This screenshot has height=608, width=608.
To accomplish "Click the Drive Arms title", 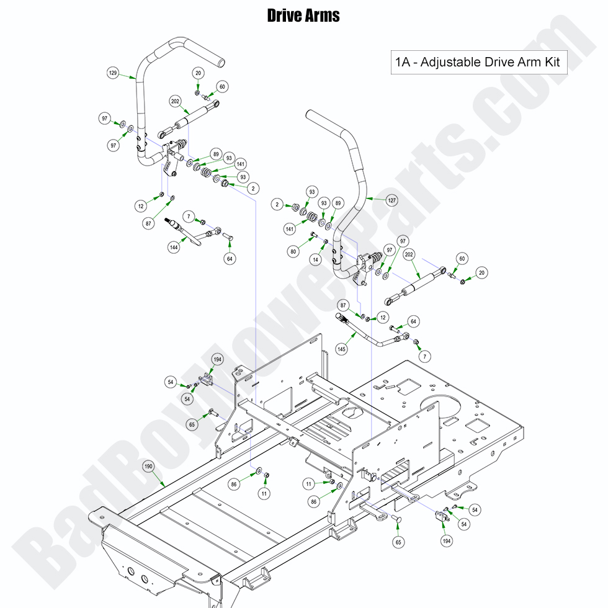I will click(303, 16).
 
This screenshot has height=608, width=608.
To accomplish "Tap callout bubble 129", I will click(113, 73).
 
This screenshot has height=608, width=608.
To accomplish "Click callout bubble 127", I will click(391, 200).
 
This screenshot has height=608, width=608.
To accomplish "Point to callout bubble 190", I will click(148, 466).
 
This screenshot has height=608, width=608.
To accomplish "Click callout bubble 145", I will click(341, 349).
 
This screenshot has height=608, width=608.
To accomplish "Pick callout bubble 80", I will click(292, 251).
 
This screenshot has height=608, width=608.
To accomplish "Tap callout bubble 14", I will click(316, 260).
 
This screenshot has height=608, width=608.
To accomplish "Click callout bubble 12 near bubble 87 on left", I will click(142, 205).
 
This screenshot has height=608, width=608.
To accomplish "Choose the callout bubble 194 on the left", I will click(217, 359).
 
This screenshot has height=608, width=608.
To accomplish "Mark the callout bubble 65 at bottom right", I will click(398, 542).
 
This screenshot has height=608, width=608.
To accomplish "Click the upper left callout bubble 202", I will click(175, 101).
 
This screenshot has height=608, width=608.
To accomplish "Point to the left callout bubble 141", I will click(290, 229).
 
